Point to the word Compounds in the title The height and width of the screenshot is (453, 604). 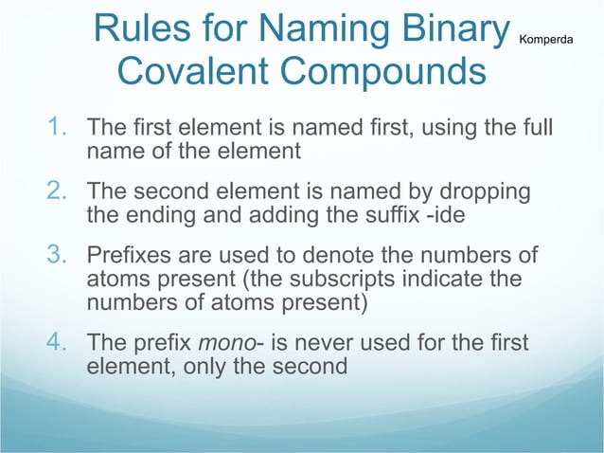pos(389,72)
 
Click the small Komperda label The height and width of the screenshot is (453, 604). pos(553,39)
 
